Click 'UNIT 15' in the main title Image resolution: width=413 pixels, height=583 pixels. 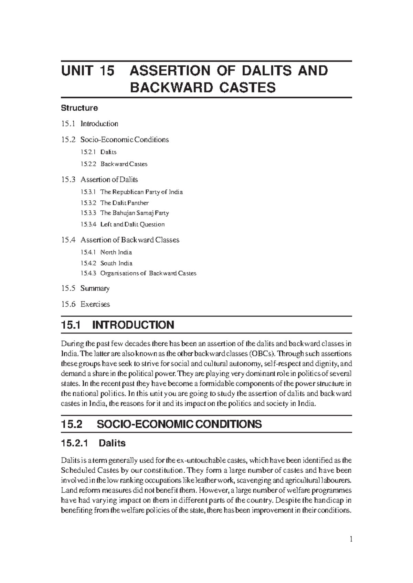click(87, 71)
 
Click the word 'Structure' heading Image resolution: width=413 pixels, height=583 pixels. click(79, 108)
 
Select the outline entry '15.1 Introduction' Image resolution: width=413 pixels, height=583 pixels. click(89, 124)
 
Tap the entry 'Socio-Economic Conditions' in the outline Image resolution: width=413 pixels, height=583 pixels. click(125, 140)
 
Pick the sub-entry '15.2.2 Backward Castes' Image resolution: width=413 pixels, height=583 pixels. click(114, 164)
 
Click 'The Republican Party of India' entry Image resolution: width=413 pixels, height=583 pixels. click(141, 192)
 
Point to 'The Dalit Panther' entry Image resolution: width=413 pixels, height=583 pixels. click(124, 203)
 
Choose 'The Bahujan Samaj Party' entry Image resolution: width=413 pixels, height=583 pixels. click(134, 213)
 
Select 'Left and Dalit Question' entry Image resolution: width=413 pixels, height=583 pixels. click(132, 224)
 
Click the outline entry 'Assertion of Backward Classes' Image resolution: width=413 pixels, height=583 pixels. click(130, 240)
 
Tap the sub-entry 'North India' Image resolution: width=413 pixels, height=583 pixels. click(116, 252)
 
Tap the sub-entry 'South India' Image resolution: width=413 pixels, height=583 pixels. click(116, 263)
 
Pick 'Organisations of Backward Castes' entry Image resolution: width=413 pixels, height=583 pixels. click(148, 274)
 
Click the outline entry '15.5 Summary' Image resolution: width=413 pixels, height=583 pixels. click(85, 288)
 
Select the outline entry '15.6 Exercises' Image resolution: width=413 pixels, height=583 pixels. click(85, 304)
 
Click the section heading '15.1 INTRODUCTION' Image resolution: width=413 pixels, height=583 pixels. click(117, 325)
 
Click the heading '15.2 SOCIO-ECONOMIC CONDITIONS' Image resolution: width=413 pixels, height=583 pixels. click(161, 424)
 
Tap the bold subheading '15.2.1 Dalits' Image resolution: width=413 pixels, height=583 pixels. click(93, 443)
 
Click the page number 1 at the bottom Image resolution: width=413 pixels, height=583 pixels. click(351, 539)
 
